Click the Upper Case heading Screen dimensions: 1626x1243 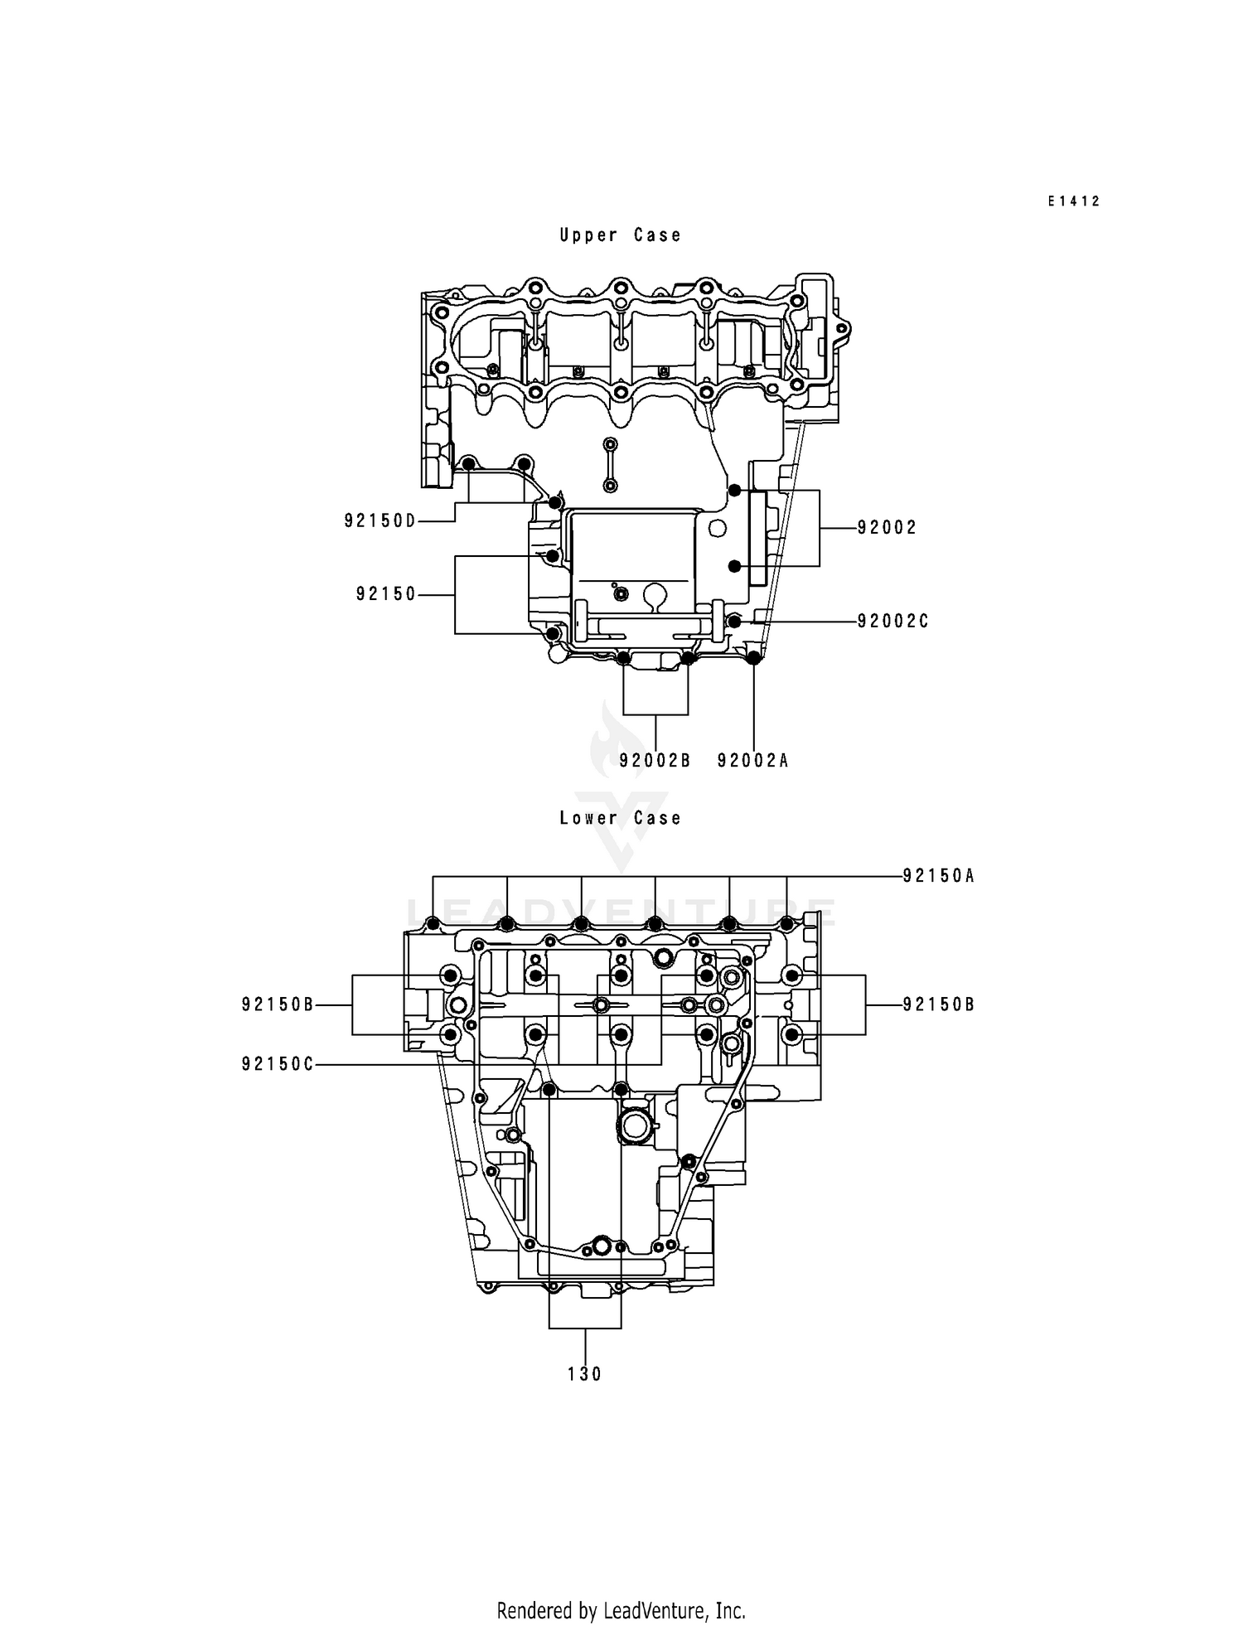pos(620,235)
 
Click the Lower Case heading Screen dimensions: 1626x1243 pos(620,818)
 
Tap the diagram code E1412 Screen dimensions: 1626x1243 pos(1073,201)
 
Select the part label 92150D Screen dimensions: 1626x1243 pos(380,520)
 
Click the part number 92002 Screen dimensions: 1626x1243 pos(887,528)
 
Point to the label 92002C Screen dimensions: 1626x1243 pos(892,621)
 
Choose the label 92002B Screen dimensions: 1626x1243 pos(655,760)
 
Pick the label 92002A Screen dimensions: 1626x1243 pos(752,760)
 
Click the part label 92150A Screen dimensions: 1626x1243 pos(938,875)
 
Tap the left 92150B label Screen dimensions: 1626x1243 pos(278,1004)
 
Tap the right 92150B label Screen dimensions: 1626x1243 pos(938,1004)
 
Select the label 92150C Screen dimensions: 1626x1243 pos(278,1064)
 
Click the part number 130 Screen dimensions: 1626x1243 pos(584,1374)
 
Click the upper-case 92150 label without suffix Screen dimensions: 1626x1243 pos(386,594)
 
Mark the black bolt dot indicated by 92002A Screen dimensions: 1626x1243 pos(753,658)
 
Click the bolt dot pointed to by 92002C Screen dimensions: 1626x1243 pos(734,621)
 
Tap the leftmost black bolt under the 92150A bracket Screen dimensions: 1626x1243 pos(433,923)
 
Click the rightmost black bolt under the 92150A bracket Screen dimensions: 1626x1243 pos(786,923)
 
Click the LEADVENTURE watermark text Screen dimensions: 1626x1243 pos(621,912)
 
